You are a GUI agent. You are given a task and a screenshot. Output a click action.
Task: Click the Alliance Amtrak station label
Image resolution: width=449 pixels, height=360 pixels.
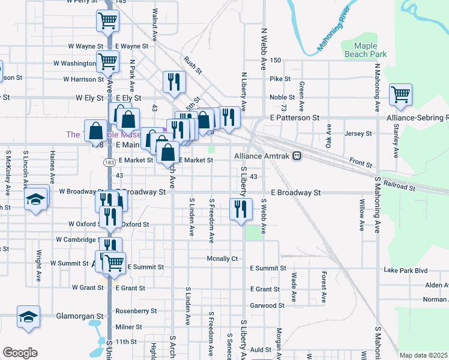pos(262,156)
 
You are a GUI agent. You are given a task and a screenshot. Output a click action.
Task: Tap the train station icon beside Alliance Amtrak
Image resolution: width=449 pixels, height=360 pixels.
pos(297,156)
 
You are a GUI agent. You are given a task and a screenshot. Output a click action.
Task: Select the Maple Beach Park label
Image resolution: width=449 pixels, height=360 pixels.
pos(366,49)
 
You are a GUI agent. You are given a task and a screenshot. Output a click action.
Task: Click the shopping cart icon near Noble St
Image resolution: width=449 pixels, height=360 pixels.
pos(400,95)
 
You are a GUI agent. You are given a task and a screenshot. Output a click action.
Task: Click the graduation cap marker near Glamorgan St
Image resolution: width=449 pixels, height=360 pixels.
pos(28,317)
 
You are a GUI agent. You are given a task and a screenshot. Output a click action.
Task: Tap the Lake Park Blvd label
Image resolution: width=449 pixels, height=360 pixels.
pos(405,271)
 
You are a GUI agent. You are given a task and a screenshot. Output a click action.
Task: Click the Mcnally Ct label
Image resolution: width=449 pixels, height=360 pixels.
pos(222,259)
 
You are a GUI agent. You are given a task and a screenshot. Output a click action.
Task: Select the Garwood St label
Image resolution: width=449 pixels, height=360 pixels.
pos(267,305)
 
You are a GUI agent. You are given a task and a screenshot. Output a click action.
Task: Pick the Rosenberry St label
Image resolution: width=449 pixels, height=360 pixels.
pos(136,311)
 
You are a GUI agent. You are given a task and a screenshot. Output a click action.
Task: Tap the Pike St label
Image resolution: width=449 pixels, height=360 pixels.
pos(280,79)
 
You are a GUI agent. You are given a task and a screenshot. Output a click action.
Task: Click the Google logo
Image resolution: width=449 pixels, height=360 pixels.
pos(20,353)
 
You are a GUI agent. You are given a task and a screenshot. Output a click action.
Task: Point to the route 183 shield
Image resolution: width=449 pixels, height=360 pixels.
pos(109,163)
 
